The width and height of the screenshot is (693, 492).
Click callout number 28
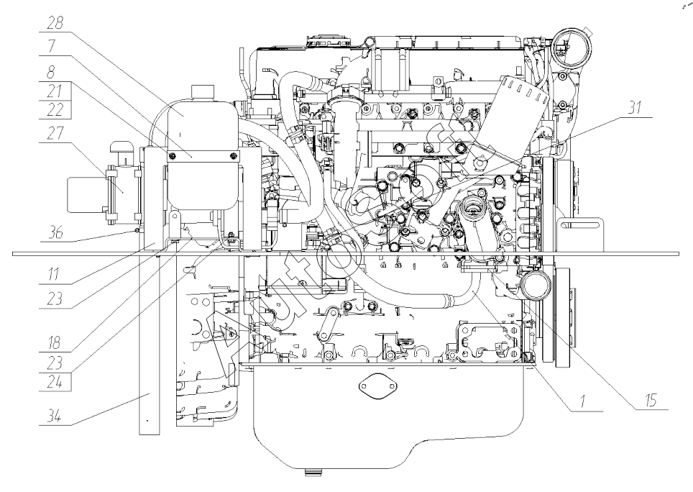point(55,23)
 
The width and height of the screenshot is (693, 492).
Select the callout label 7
point(55,45)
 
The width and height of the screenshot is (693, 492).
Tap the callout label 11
point(55,274)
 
